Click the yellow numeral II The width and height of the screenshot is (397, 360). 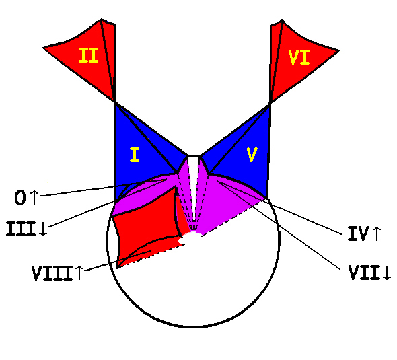[x=88, y=55]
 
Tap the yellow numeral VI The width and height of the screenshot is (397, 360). [x=299, y=57]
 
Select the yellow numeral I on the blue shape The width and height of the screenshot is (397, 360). [x=135, y=155]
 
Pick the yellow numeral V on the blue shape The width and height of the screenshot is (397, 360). [x=252, y=155]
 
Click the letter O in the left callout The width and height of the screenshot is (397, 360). [x=20, y=198]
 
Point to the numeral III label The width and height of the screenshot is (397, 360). [x=21, y=229]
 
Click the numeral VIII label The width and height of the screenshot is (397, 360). [x=52, y=273]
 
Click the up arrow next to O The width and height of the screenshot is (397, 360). [x=34, y=197]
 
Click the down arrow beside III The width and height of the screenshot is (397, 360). [x=44, y=229]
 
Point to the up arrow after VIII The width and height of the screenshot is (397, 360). [x=79, y=273]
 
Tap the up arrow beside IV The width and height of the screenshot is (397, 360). [x=377, y=233]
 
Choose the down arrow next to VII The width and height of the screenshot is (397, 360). [x=387, y=273]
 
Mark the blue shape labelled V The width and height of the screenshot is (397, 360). [x=243, y=157]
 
